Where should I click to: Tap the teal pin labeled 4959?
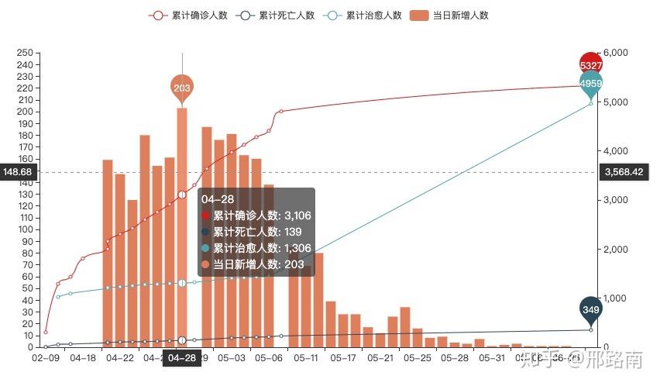pyautogui.click(x=591, y=81)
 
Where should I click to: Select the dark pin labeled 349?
pyautogui.click(x=591, y=309)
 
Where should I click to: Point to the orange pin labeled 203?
pyautogui.click(x=182, y=87)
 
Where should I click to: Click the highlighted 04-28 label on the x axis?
pyautogui.click(x=182, y=358)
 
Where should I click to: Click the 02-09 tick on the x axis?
pyautogui.click(x=46, y=358)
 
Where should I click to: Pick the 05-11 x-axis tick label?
pyautogui.click(x=306, y=358)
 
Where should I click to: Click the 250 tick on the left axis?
pyautogui.click(x=24, y=53)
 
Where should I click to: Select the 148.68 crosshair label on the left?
pyautogui.click(x=18, y=172)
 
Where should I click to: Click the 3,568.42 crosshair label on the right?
pyautogui.click(x=627, y=172)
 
